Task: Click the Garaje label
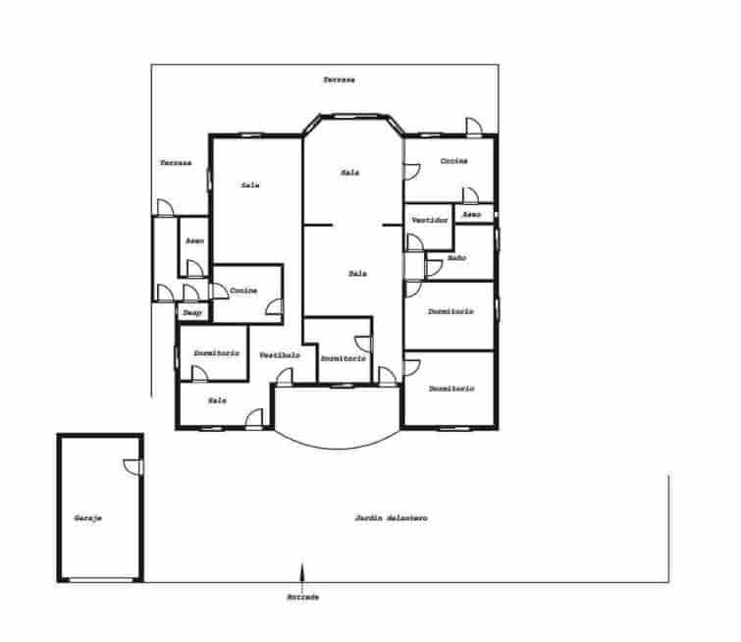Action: [88, 518]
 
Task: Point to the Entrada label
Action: [302, 597]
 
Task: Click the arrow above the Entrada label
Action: [302, 573]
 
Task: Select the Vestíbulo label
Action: [280, 354]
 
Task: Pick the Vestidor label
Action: [430, 220]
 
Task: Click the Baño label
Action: [456, 257]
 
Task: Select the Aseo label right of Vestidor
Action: [472, 213]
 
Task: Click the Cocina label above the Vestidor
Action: [453, 160]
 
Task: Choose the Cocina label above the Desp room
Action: [243, 291]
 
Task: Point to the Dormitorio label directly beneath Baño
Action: [450, 311]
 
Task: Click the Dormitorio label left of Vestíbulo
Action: [216, 352]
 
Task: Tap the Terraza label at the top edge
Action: [340, 79]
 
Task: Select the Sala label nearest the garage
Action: [218, 401]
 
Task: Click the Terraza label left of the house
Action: [176, 162]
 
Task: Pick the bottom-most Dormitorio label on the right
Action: [450, 389]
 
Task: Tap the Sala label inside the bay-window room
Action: [350, 173]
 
